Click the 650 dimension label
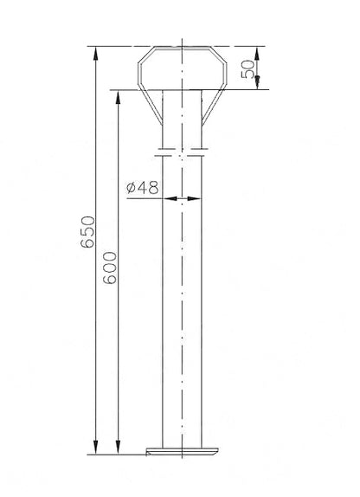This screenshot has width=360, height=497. [x=87, y=232]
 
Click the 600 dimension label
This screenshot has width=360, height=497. [x=110, y=268]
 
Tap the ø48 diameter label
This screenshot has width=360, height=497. [x=142, y=188]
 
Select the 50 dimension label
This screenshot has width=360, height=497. [x=247, y=69]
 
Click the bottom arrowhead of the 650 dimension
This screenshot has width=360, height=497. [x=95, y=448]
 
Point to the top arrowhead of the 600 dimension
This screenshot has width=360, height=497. [x=119, y=97]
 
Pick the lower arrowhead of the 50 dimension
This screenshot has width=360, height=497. [x=257, y=81]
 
